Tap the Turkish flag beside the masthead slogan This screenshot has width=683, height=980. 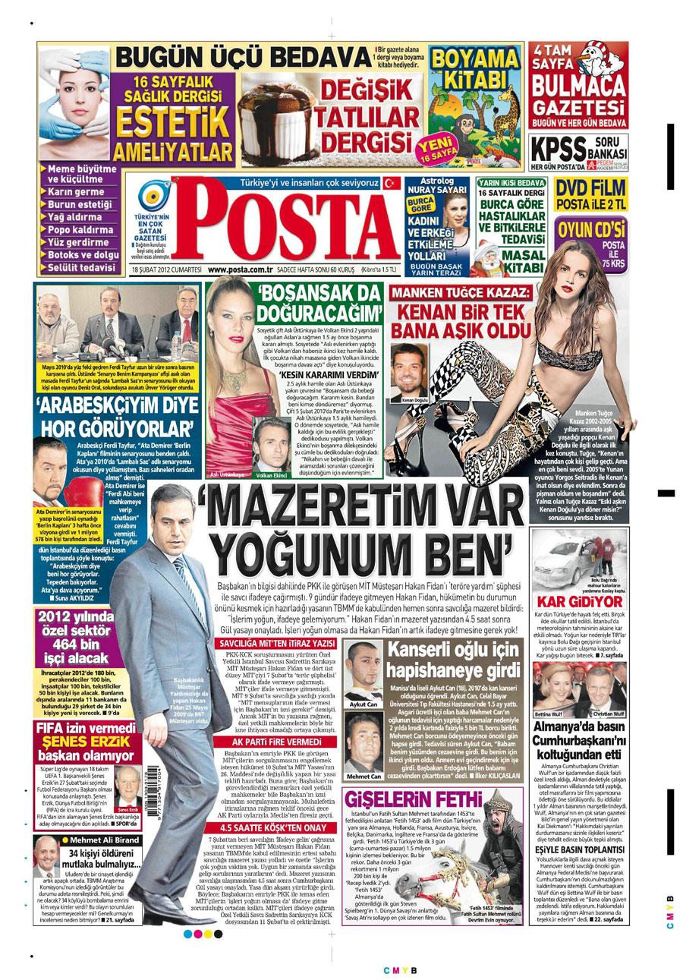click(392, 183)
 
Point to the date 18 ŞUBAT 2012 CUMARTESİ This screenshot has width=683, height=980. click(165, 269)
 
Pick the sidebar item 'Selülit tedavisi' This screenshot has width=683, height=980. click(83, 268)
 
